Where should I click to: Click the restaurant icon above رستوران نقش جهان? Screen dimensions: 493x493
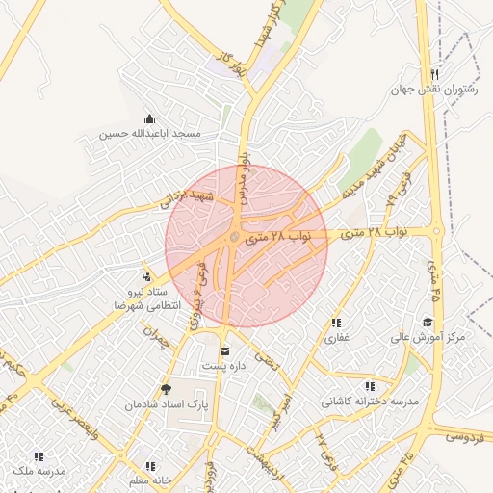(x=435, y=74)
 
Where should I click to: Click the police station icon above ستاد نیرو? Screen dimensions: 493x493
(x=145, y=276)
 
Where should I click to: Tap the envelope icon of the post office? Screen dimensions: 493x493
(x=225, y=350)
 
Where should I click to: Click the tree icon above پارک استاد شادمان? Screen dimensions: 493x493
(x=168, y=389)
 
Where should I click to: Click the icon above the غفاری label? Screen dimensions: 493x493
(x=336, y=323)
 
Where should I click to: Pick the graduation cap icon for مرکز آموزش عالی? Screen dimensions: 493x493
(x=428, y=322)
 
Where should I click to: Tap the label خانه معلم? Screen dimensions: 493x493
(x=150, y=480)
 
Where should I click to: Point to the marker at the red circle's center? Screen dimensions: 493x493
(x=234, y=236)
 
